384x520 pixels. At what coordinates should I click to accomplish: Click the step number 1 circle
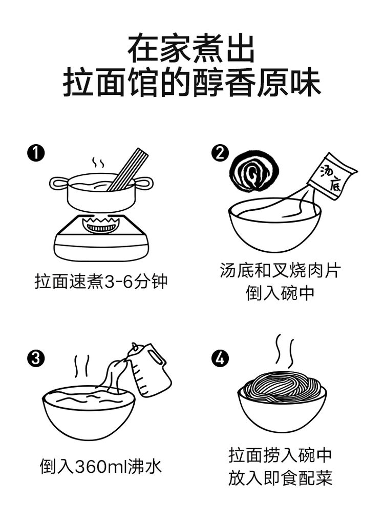pyautogui.click(x=36, y=153)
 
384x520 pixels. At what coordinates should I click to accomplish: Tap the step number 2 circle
pyautogui.click(x=220, y=153)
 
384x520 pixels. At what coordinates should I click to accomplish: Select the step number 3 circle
pyautogui.click(x=36, y=358)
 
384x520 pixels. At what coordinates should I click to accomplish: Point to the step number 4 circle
pyautogui.click(x=220, y=358)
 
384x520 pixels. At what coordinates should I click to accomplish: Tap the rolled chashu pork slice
pyautogui.click(x=255, y=172)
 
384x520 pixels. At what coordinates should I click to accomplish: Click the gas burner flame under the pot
pyautogui.click(x=101, y=225)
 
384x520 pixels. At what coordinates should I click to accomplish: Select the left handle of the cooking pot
pyautogui.click(x=59, y=183)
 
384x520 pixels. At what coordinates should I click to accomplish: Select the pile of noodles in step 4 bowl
pyautogui.click(x=282, y=390)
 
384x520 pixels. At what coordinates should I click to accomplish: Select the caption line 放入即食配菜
pyautogui.click(x=281, y=478)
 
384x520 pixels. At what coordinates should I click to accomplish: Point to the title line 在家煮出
pyautogui.click(x=191, y=49)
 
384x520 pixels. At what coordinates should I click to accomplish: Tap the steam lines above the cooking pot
pyautogui.click(x=98, y=163)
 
